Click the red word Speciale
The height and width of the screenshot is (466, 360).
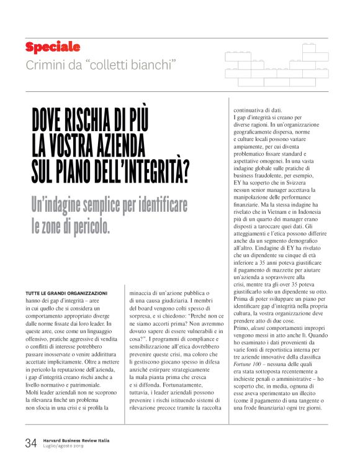(x=53, y=47)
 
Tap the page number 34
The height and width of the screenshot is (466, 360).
(x=31, y=443)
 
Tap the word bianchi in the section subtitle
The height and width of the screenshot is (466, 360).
(x=152, y=64)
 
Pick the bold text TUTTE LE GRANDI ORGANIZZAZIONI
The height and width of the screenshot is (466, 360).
(x=67, y=292)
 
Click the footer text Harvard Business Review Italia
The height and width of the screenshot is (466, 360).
(x=76, y=440)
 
